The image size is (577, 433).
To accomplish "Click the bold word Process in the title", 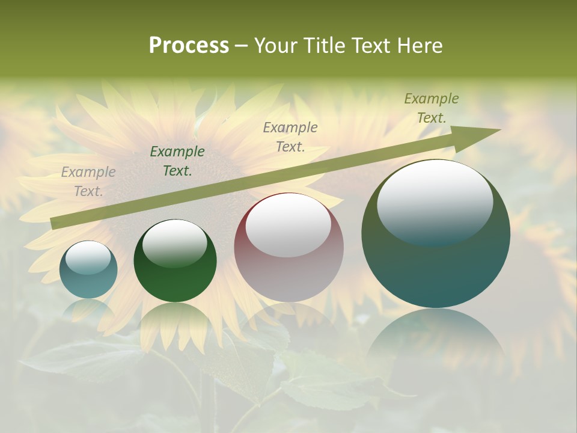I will pyautogui.click(x=189, y=46).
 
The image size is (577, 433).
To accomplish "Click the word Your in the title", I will pyautogui.click(x=275, y=46).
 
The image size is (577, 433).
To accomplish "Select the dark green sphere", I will pyautogui.click(x=175, y=261).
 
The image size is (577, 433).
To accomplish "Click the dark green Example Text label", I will pyautogui.click(x=177, y=161).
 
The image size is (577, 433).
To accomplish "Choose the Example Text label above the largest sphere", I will pyautogui.click(x=432, y=108).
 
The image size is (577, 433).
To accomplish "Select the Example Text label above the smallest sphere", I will pyautogui.click(x=88, y=182).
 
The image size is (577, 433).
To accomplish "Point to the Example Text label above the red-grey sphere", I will pyautogui.click(x=290, y=137).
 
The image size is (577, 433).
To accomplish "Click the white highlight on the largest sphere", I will pyautogui.click(x=435, y=201).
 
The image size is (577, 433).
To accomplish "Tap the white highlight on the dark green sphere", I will pyautogui.click(x=174, y=242).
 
